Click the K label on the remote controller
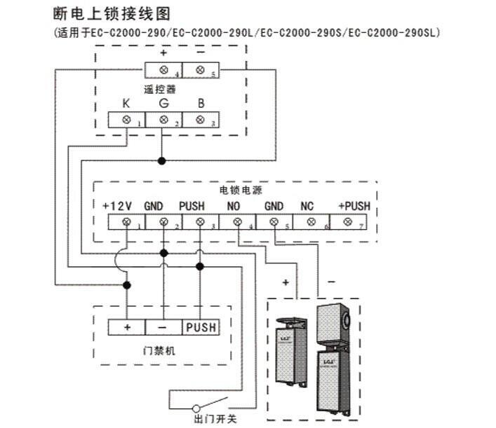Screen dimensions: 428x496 (x=126, y=104)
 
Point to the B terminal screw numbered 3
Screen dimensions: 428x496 (x=200, y=120)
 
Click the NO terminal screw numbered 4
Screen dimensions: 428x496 (x=236, y=222)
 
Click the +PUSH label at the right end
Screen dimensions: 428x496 (x=354, y=206)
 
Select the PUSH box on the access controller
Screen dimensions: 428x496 (x=201, y=327)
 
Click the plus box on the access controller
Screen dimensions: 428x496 (x=127, y=327)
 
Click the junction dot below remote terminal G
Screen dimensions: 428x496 (x=163, y=160)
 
